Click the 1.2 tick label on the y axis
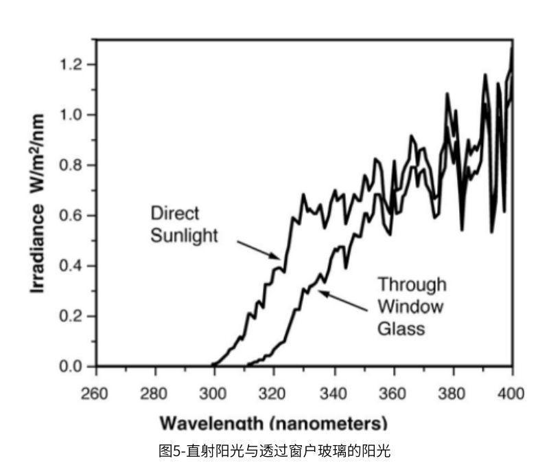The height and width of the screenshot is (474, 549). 71,65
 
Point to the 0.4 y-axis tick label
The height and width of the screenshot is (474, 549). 71,266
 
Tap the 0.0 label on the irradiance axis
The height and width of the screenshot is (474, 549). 71,367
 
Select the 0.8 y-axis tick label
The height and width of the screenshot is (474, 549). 71,166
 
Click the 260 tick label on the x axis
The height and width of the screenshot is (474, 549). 95,394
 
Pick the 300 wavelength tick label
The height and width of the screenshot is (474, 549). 214,394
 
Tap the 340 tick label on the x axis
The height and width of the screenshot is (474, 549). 334,394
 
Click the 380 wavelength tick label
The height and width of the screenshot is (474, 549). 453,394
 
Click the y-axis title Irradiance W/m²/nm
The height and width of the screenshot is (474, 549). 39,204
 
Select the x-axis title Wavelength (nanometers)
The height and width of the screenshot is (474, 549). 274,422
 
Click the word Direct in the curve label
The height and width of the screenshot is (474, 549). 175,213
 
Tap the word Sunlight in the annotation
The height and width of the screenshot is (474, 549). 185,236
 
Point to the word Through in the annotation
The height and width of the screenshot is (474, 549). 412,284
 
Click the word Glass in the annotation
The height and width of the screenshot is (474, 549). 401,329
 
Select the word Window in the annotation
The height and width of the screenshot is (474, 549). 410,306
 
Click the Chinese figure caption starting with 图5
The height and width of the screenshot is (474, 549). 274,451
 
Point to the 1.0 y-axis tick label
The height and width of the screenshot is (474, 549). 71,115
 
